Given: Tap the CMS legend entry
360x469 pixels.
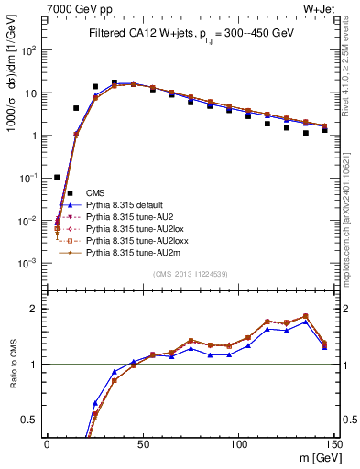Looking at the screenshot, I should pos(95,192).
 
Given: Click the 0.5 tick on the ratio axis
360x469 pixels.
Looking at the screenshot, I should pos(34,420).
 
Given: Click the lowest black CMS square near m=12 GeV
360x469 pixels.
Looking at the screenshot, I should pos(70,193).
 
